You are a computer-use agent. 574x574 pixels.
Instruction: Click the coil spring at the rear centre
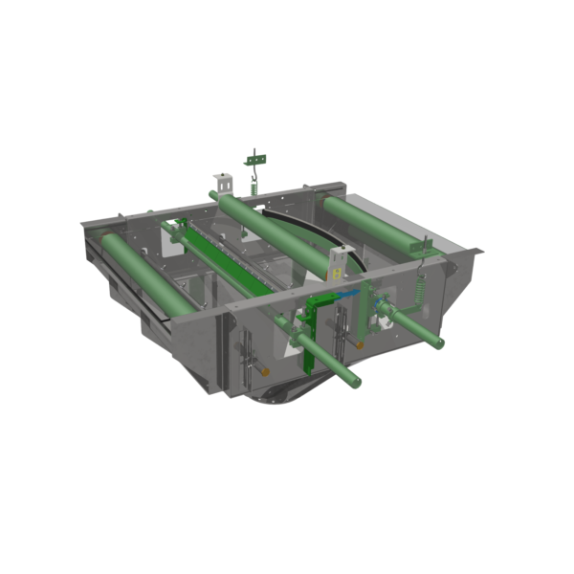coord(254,186)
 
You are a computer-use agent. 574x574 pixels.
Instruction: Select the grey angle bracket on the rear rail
coord(222,182)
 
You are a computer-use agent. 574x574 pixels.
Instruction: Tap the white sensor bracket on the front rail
coord(338,265)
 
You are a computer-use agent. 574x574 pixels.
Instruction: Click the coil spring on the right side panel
coord(418,288)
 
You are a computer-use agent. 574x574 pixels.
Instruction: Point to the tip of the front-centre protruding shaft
coord(355,383)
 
